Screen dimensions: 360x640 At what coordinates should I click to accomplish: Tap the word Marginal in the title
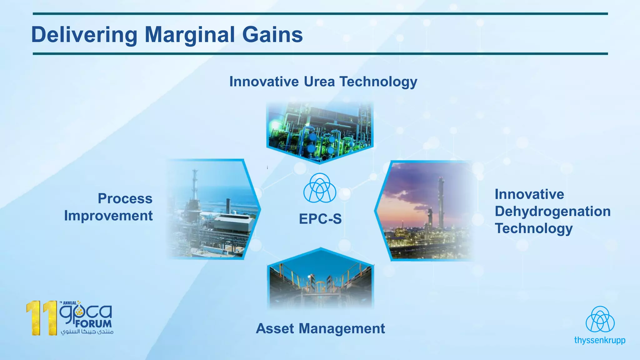click(x=190, y=34)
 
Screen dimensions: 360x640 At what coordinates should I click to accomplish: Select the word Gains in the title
click(x=272, y=34)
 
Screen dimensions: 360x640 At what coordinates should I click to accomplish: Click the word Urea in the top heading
click(x=319, y=82)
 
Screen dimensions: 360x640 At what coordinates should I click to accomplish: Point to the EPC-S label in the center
click(x=320, y=219)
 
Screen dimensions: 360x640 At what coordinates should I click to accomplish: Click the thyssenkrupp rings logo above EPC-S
click(x=320, y=188)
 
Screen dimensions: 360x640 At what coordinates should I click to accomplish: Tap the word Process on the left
click(x=125, y=199)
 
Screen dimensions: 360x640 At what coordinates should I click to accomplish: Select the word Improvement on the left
click(x=108, y=216)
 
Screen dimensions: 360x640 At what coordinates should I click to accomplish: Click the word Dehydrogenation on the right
click(x=552, y=212)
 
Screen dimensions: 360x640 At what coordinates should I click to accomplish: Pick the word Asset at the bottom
click(x=275, y=329)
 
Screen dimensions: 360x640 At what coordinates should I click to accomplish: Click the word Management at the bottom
click(x=342, y=329)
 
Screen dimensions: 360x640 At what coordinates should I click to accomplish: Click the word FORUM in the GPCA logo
click(x=93, y=324)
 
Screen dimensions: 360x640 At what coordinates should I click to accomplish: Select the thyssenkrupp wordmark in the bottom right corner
click(x=600, y=340)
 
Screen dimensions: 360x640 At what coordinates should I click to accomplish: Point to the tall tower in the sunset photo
click(x=441, y=203)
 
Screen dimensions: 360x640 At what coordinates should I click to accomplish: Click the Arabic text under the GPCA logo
click(x=87, y=332)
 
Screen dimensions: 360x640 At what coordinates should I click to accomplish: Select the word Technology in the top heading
click(x=378, y=82)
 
